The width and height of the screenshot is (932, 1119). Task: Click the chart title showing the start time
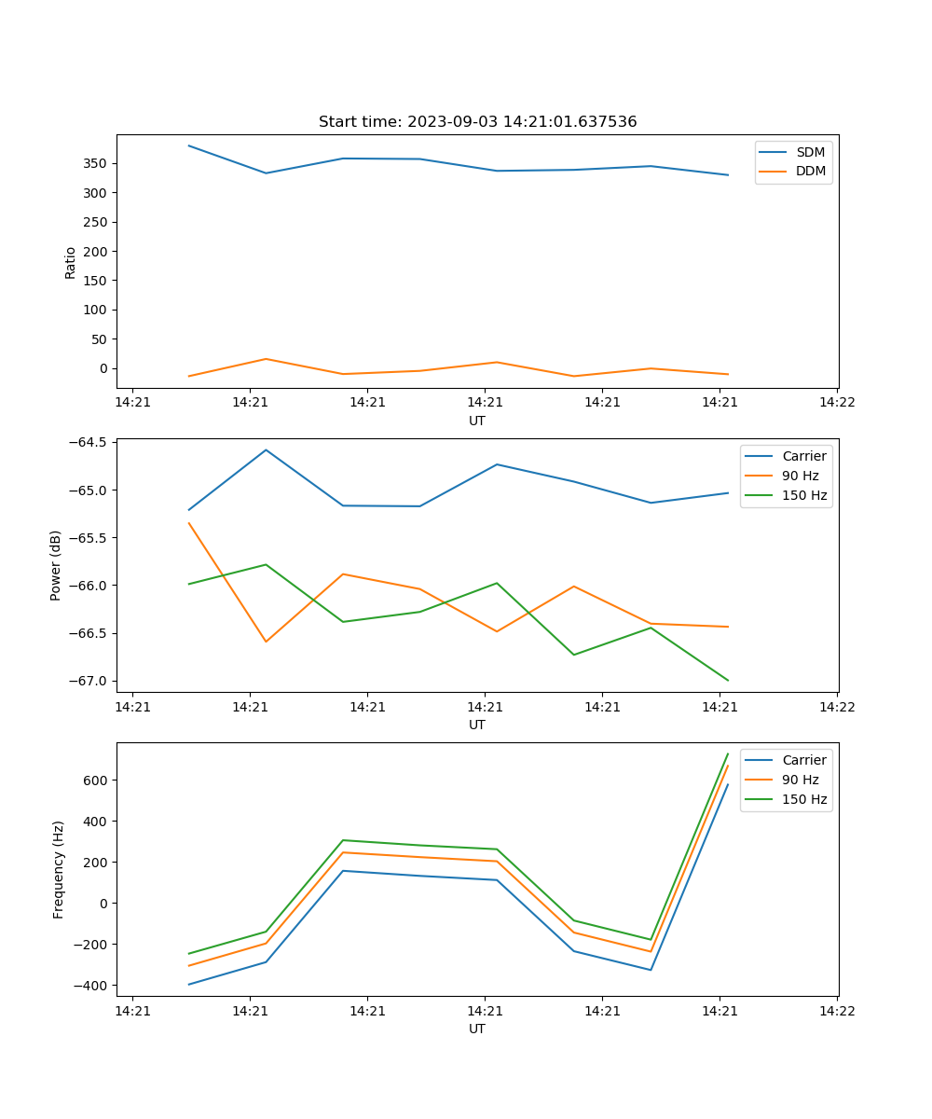477,122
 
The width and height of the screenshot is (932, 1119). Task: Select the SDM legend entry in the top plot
810,152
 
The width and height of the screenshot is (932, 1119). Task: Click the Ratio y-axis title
71,262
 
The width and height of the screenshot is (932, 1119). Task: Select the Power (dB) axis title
56,565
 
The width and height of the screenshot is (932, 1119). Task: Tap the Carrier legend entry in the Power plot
803,456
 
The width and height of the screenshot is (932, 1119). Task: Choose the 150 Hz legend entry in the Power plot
803,495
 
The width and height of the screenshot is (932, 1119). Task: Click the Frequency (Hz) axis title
59,869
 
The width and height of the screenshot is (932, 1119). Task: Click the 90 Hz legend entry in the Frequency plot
800,780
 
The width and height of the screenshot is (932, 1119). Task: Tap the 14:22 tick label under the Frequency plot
836,1010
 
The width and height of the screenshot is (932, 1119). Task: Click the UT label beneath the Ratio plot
477,421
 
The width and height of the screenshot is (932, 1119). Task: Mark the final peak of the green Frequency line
728,753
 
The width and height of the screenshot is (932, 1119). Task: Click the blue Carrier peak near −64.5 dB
266,449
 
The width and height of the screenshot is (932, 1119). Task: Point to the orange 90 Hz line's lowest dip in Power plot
266,642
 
